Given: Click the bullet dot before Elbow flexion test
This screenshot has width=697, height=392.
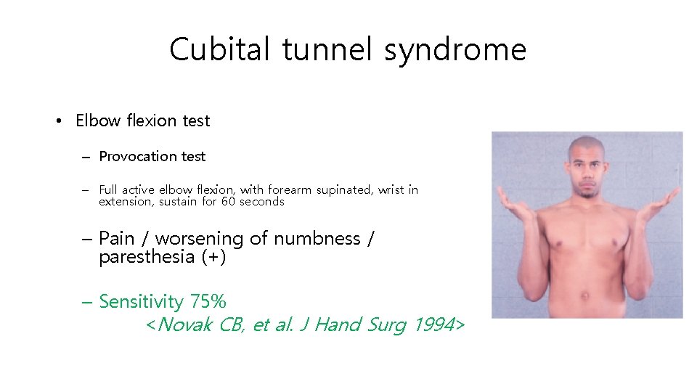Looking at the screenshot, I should tap(59, 121).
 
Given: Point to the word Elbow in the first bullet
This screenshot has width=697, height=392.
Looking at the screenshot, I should tap(98, 121).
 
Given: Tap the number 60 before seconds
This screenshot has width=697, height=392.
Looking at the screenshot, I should tap(229, 201).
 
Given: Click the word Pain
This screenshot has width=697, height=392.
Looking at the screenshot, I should tap(117, 238).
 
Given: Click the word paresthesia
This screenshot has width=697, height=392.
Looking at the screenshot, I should tap(147, 257).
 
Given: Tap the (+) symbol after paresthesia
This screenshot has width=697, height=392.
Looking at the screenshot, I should tap(213, 257).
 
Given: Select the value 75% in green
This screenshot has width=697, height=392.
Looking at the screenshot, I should tap(208, 301).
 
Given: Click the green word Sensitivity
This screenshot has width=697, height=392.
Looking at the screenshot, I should tap(141, 301).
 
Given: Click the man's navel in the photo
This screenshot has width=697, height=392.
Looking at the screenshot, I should tap(585, 295).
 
